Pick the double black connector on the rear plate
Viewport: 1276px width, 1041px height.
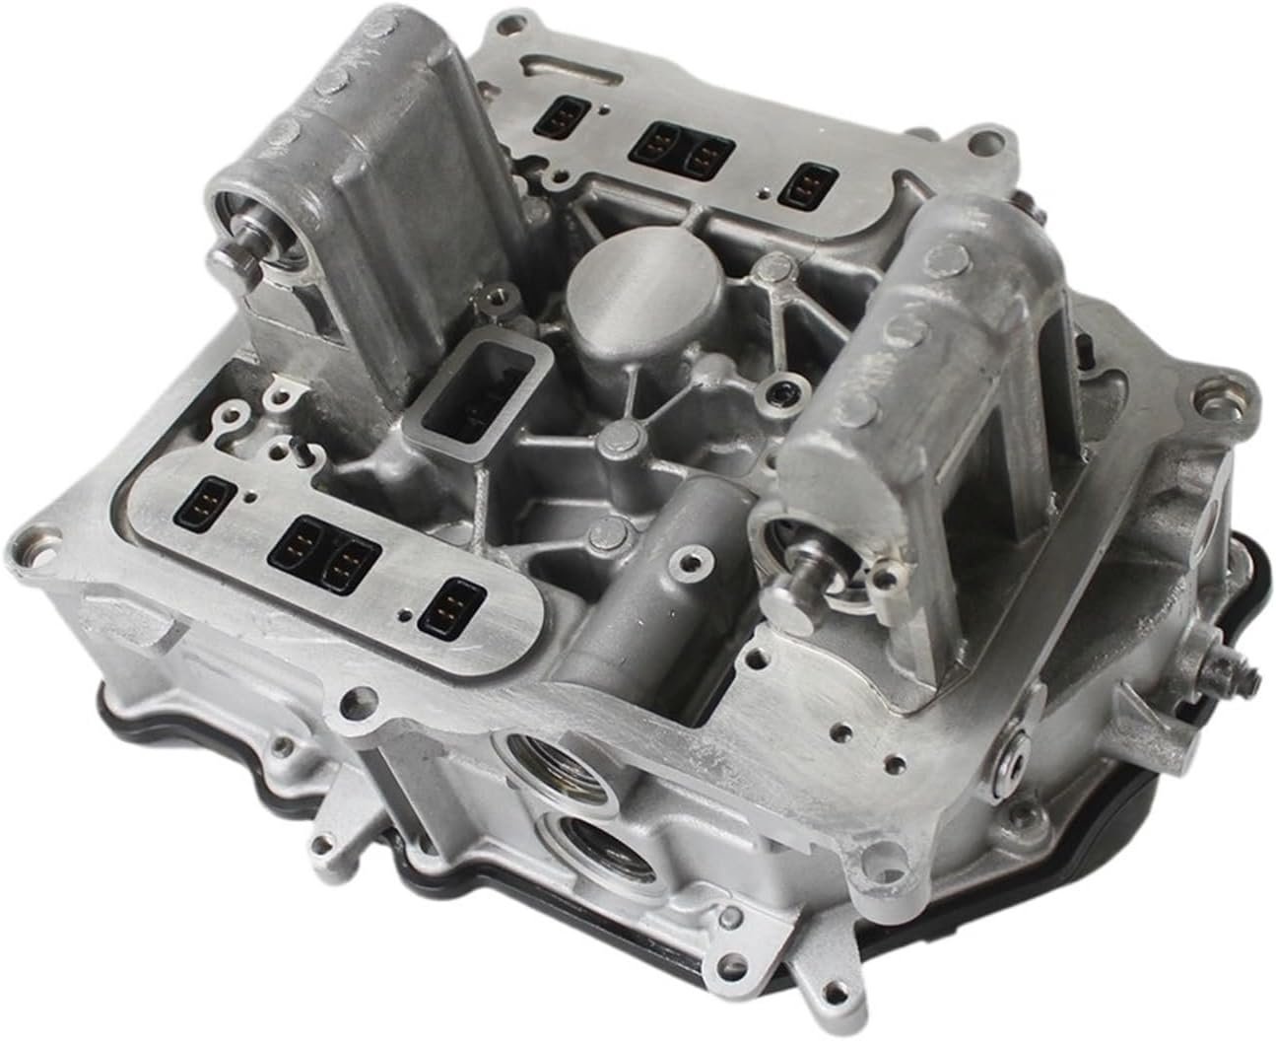click(676, 149)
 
